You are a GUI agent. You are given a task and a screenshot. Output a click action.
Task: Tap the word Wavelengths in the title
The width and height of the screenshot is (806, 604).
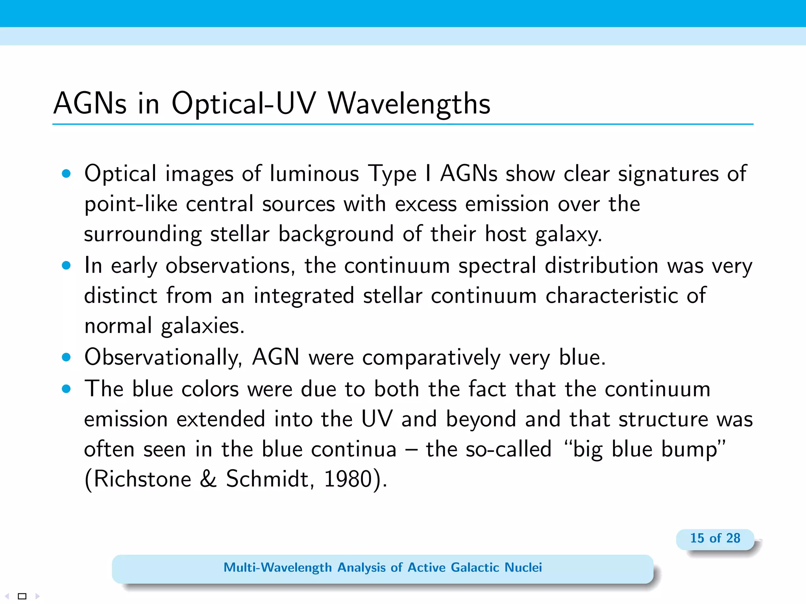tap(409, 103)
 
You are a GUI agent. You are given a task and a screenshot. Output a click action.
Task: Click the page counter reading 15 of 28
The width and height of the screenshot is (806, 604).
tap(715, 538)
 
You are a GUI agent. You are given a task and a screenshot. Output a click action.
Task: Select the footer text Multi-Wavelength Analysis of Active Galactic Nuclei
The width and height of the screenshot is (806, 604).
tap(383, 567)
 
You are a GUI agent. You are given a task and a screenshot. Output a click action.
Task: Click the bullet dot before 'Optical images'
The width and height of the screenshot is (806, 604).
tap(66, 173)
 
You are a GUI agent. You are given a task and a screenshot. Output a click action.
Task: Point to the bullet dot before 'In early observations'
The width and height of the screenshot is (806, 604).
tap(66, 265)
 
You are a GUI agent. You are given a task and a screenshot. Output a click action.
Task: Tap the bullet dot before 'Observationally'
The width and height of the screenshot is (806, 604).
tap(66, 357)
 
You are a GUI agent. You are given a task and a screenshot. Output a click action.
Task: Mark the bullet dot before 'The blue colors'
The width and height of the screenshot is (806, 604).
tap(66, 389)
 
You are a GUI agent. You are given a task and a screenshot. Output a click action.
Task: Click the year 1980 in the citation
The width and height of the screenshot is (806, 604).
tap(348, 479)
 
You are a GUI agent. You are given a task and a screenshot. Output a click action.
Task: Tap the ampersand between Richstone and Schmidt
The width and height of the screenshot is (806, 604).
tap(208, 479)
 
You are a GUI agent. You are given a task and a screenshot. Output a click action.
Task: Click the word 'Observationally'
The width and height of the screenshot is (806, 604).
tap(163, 357)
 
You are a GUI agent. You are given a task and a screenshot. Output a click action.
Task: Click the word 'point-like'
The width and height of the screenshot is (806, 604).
tap(131, 204)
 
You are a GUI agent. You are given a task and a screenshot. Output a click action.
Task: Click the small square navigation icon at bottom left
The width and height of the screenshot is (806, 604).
tap(22, 596)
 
